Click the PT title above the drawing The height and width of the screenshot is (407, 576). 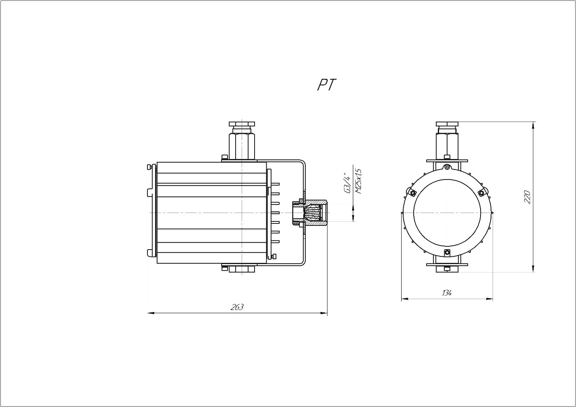click(327, 85)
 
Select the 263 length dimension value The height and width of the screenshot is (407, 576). click(237, 307)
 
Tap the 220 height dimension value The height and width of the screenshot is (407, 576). click(527, 197)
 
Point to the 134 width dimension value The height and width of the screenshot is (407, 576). click(447, 293)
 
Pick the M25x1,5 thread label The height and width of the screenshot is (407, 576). click(358, 182)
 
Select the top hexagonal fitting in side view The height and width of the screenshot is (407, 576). click(242, 141)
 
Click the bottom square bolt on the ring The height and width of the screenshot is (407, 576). click(447, 252)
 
